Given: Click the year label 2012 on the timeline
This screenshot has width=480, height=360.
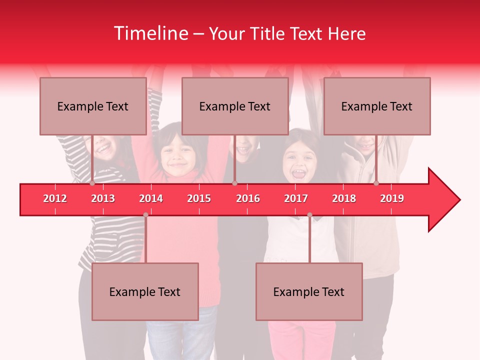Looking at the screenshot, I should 55,198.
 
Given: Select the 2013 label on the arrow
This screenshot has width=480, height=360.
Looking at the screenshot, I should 103,198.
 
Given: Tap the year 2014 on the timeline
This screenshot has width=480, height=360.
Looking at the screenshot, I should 151,198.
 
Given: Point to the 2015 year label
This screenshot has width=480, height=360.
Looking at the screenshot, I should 199,198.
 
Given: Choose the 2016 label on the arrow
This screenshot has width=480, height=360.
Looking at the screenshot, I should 248,198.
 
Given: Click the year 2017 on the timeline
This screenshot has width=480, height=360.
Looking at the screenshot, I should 296,198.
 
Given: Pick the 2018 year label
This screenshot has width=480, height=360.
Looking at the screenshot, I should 344,198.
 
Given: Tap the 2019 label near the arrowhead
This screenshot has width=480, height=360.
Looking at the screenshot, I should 392,198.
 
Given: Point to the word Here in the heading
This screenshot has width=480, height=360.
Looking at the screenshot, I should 346,34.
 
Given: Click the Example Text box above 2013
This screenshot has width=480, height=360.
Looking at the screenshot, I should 93,106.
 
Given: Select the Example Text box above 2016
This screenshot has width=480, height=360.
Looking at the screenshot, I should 235,106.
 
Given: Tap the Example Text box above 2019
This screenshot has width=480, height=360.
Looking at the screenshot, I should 377,106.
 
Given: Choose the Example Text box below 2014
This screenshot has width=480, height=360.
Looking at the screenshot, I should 145,291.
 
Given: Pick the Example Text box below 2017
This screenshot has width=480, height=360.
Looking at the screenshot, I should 309,291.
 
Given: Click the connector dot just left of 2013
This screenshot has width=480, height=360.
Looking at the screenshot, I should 92,183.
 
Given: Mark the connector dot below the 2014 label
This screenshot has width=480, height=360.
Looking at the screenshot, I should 145,215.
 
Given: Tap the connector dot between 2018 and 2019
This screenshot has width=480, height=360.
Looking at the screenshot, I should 376,183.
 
